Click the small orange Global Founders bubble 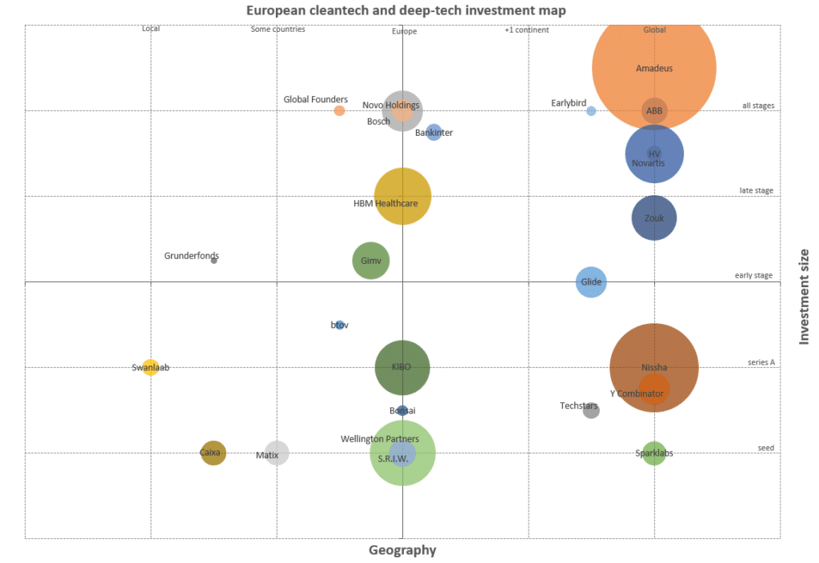[x=339, y=110]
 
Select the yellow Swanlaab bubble [x=150, y=368]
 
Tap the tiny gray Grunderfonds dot [x=214, y=260]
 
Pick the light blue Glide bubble [x=591, y=282]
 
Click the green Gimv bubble [x=370, y=260]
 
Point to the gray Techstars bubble [x=591, y=410]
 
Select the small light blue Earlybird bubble [x=591, y=111]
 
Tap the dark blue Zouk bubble [x=653, y=218]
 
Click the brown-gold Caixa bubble [x=213, y=453]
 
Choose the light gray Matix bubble [x=277, y=453]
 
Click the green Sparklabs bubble [x=653, y=453]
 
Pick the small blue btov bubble [x=339, y=325]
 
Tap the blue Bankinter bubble [x=433, y=132]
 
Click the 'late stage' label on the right [x=756, y=190]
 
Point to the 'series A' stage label [x=761, y=361]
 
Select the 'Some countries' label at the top [x=278, y=30]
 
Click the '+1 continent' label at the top [x=526, y=30]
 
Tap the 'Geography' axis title [x=402, y=550]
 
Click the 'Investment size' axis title [x=805, y=297]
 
